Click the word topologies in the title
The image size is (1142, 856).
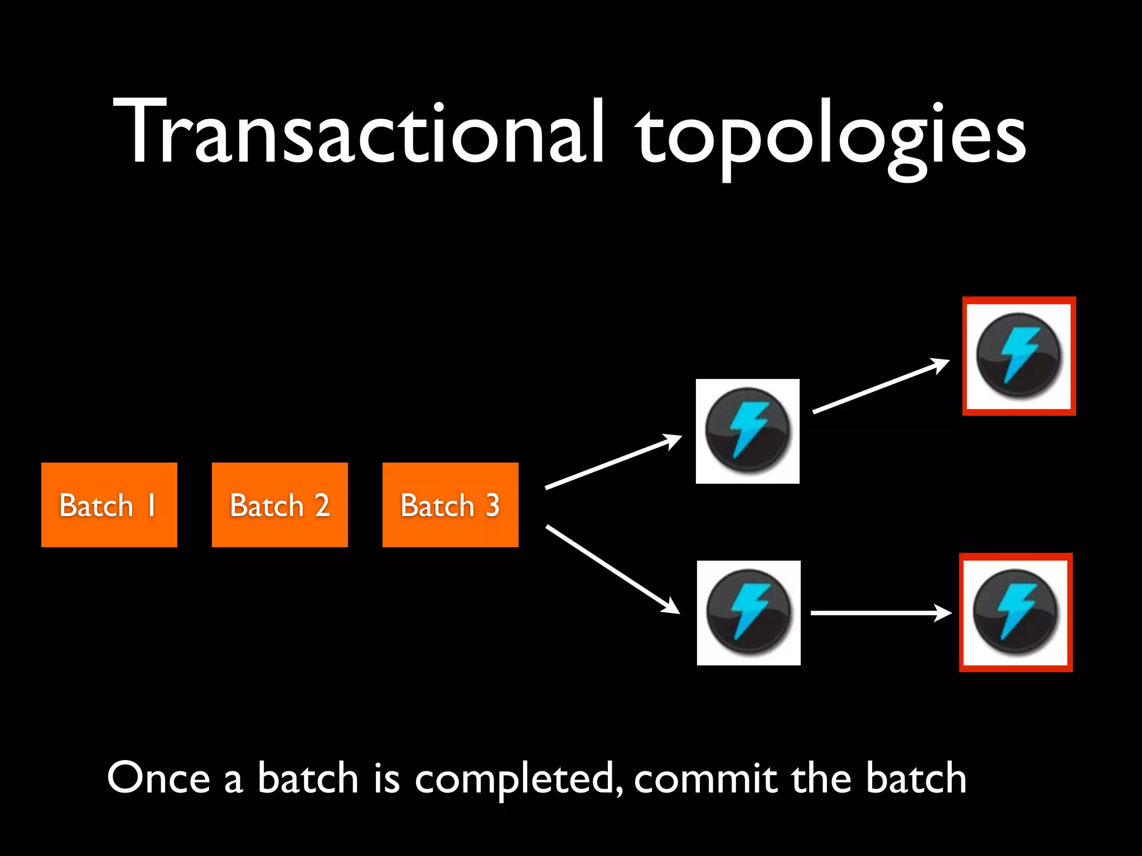[x=831, y=137]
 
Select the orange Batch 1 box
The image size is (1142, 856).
[x=109, y=505]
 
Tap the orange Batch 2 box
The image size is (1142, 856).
[x=280, y=505]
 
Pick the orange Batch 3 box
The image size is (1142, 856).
[x=451, y=505]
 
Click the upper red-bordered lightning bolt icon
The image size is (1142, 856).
[x=1019, y=356]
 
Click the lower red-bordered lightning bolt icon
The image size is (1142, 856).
[x=1015, y=612]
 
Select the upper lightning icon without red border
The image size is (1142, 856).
[x=748, y=431]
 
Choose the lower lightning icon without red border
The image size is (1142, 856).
[x=749, y=613]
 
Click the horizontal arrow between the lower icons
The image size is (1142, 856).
[x=881, y=613]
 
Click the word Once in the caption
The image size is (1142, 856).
[x=158, y=778]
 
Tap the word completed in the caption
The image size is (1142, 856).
[x=519, y=779]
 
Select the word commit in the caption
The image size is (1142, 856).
[x=705, y=778]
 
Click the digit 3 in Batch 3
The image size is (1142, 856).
[x=492, y=505]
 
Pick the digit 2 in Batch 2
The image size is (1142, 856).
[x=322, y=505]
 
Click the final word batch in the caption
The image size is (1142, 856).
[x=916, y=778]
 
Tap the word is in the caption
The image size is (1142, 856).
[x=386, y=778]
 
